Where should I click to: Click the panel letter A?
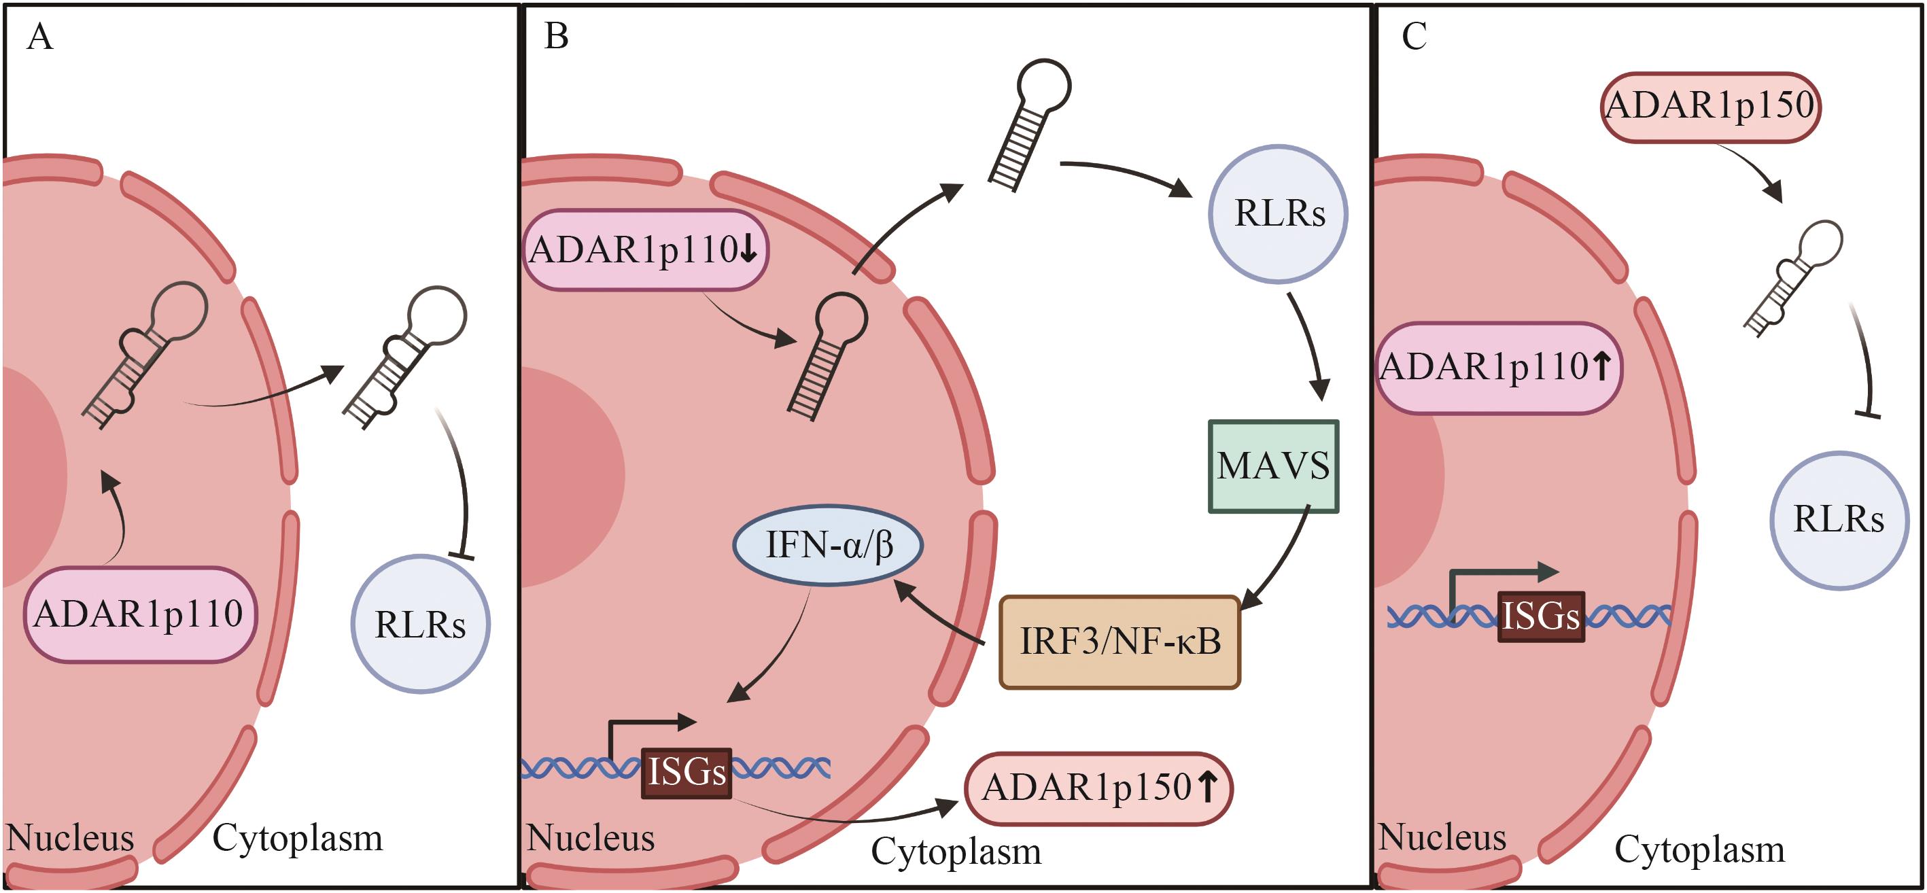(x=39, y=37)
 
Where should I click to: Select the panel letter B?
(x=556, y=36)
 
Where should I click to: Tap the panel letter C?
(x=1414, y=36)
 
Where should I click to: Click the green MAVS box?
(x=1273, y=466)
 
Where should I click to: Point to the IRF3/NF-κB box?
(x=1120, y=642)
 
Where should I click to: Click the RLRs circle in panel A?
(x=421, y=624)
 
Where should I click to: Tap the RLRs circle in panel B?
(x=1279, y=213)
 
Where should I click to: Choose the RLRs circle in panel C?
(x=1839, y=519)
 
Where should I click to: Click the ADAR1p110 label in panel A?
(x=140, y=614)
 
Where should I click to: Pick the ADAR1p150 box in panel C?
(x=1711, y=105)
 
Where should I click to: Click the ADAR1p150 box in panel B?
(x=1098, y=788)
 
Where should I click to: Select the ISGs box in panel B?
(x=686, y=773)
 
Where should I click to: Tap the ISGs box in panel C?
(x=1541, y=616)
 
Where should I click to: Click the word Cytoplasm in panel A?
(x=298, y=838)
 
